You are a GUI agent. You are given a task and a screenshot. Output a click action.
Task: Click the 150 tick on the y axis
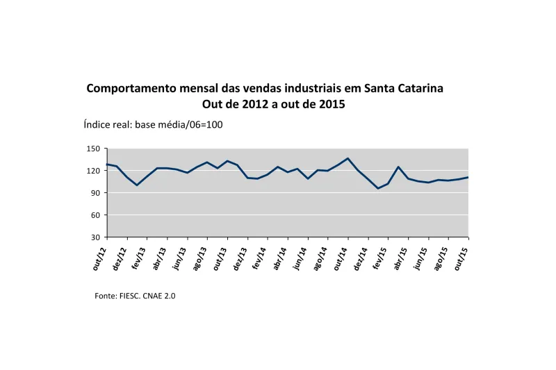pos(95,149)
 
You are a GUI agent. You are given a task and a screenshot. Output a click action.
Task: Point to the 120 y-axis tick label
pos(95,171)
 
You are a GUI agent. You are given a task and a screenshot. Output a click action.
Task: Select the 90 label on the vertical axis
pos(97,193)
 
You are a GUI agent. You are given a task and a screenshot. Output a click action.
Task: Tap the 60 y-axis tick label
pos(97,215)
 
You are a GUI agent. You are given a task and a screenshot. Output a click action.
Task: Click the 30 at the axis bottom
pos(97,237)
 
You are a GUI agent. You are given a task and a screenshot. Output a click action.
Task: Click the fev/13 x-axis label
pos(139,257)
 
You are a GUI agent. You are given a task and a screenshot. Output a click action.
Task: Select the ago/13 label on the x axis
pos(199,257)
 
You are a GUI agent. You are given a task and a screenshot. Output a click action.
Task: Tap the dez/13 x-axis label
pos(239,257)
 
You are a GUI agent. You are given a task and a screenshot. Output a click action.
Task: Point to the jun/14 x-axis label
pos(300,257)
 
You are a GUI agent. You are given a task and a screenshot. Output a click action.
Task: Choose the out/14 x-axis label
pos(340,257)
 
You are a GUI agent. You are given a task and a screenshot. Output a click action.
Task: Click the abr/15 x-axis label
pos(400,257)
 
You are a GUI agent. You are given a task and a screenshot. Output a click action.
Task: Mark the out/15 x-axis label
pos(461,257)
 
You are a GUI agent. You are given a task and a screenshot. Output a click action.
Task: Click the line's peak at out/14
pos(347,158)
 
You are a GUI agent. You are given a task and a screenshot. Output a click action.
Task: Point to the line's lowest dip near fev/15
pos(378,188)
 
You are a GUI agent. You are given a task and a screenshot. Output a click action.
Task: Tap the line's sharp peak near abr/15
pos(398,167)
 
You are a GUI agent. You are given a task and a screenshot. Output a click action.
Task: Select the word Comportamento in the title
pos(129,89)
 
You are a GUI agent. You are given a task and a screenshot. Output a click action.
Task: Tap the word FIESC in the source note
pos(130,296)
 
